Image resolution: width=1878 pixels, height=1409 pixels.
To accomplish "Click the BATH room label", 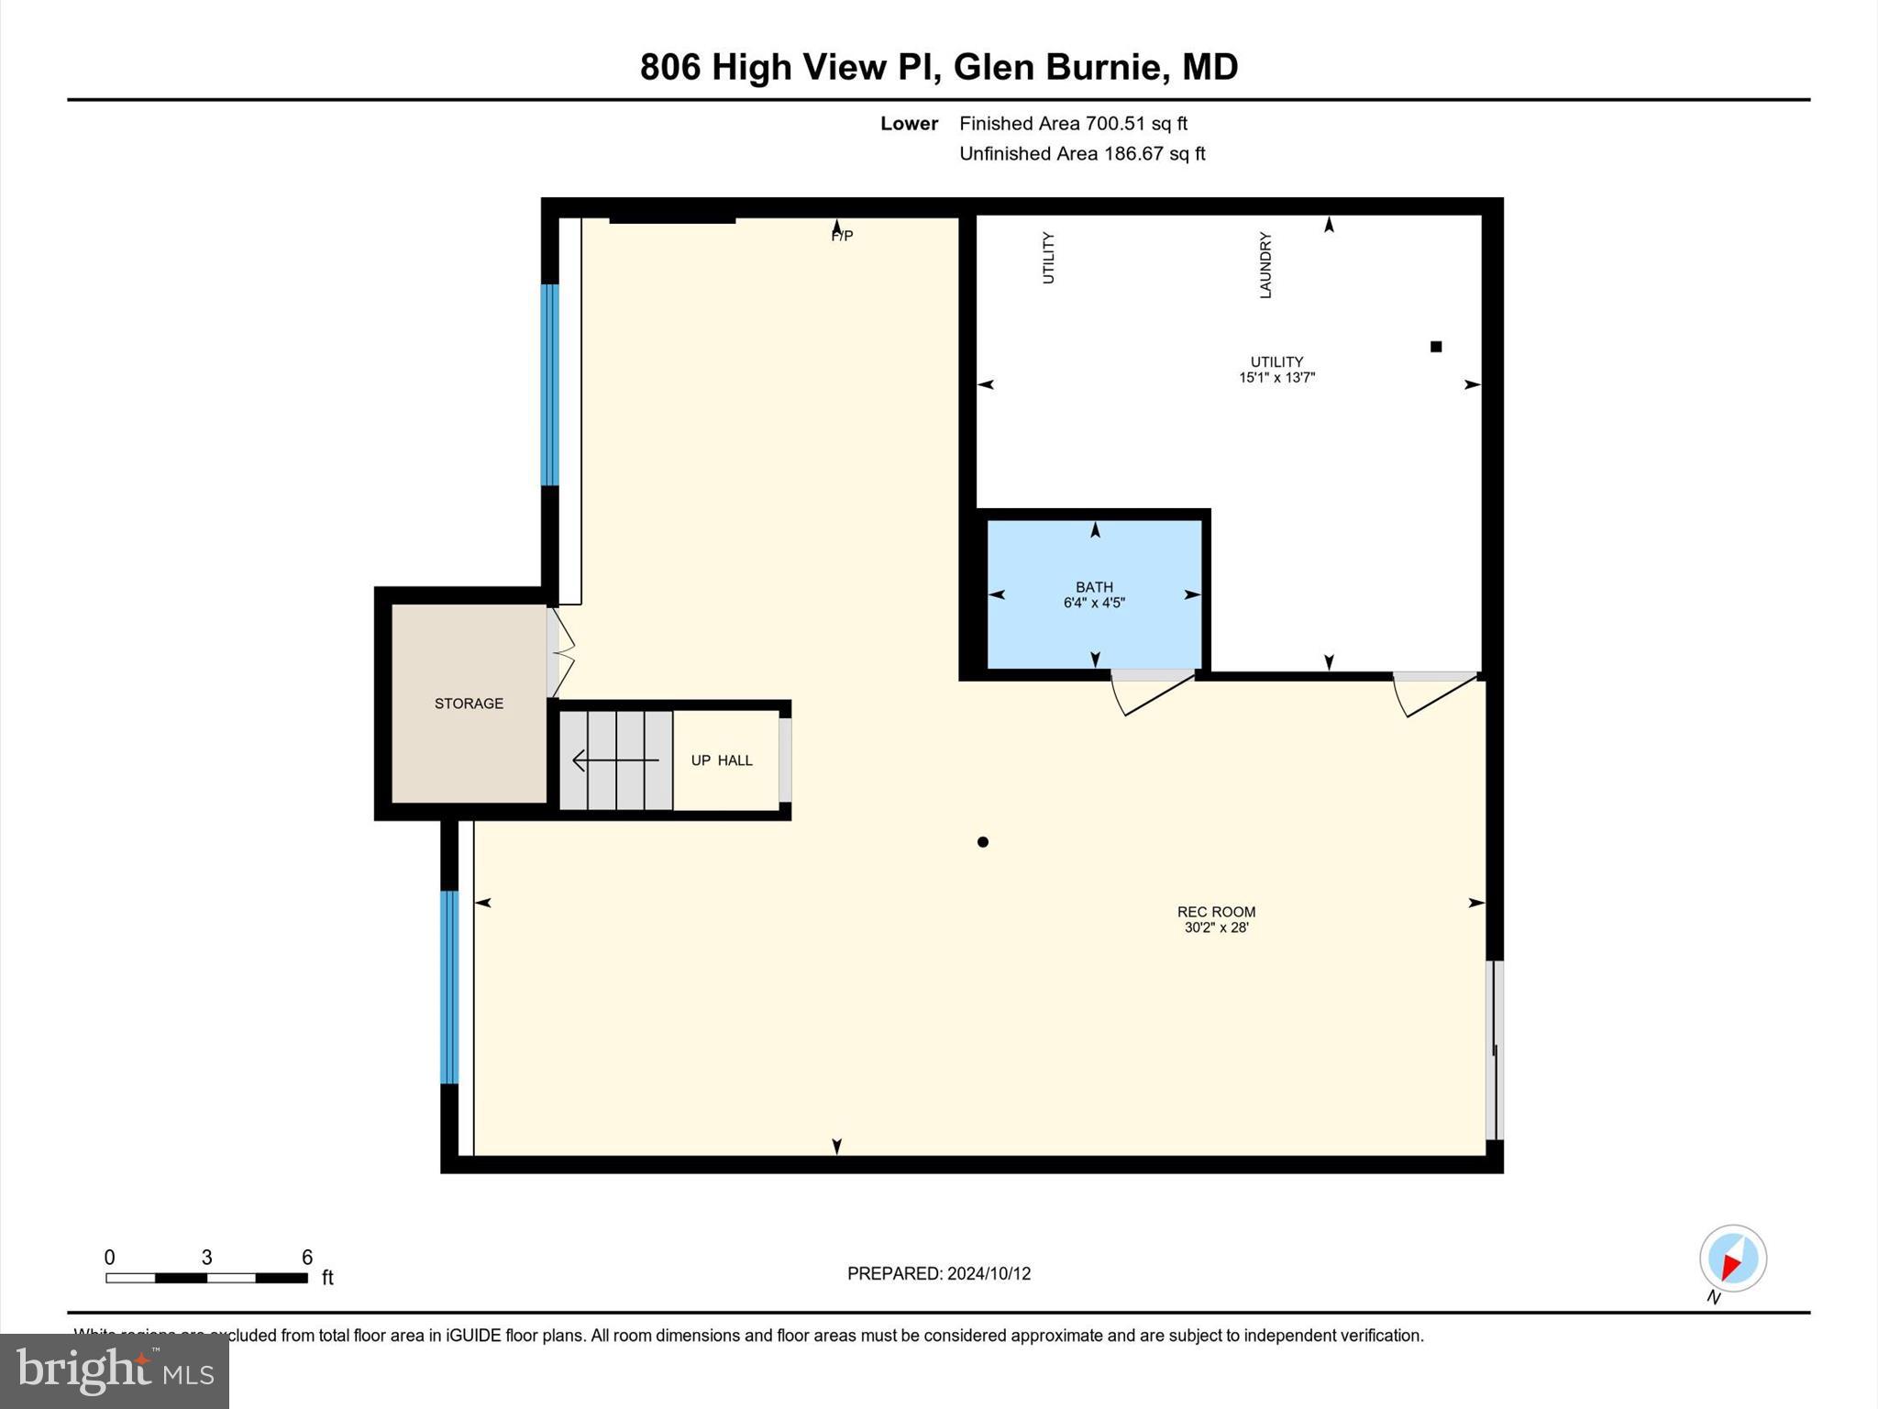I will pyautogui.click(x=1094, y=587).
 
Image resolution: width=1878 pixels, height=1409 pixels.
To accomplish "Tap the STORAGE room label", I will pyautogui.click(x=469, y=704).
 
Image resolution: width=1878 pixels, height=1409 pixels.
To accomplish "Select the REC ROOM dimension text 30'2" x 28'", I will pyautogui.click(x=1216, y=927).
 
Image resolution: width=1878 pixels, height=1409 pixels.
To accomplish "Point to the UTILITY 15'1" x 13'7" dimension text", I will pyautogui.click(x=1276, y=377).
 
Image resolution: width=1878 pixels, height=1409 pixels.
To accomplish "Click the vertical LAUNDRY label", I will pyautogui.click(x=1265, y=264).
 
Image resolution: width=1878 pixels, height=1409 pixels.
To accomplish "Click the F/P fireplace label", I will pyautogui.click(x=842, y=237).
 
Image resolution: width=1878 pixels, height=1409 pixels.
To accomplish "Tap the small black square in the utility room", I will pyautogui.click(x=1436, y=347).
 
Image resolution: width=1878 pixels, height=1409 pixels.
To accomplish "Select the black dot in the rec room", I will pyautogui.click(x=982, y=842).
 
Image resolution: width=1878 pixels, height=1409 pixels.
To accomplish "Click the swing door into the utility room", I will pyautogui.click(x=1435, y=693).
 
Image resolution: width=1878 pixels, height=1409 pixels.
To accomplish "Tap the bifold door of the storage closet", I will pyautogui.click(x=562, y=653).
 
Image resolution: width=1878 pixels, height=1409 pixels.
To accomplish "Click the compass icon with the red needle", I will pyautogui.click(x=1732, y=1259).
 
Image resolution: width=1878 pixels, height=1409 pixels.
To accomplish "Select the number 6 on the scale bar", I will pyautogui.click(x=307, y=1257).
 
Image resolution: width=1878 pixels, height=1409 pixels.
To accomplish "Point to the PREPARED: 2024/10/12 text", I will pyautogui.click(x=938, y=1273).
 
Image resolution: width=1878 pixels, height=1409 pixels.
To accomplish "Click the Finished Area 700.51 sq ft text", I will pyautogui.click(x=1073, y=123).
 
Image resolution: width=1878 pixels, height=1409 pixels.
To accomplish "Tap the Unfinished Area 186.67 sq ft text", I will pyautogui.click(x=1082, y=153).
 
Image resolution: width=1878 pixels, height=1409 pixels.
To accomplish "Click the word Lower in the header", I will pyautogui.click(x=909, y=123).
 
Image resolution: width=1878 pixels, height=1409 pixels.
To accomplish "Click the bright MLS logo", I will pyautogui.click(x=115, y=1370).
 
